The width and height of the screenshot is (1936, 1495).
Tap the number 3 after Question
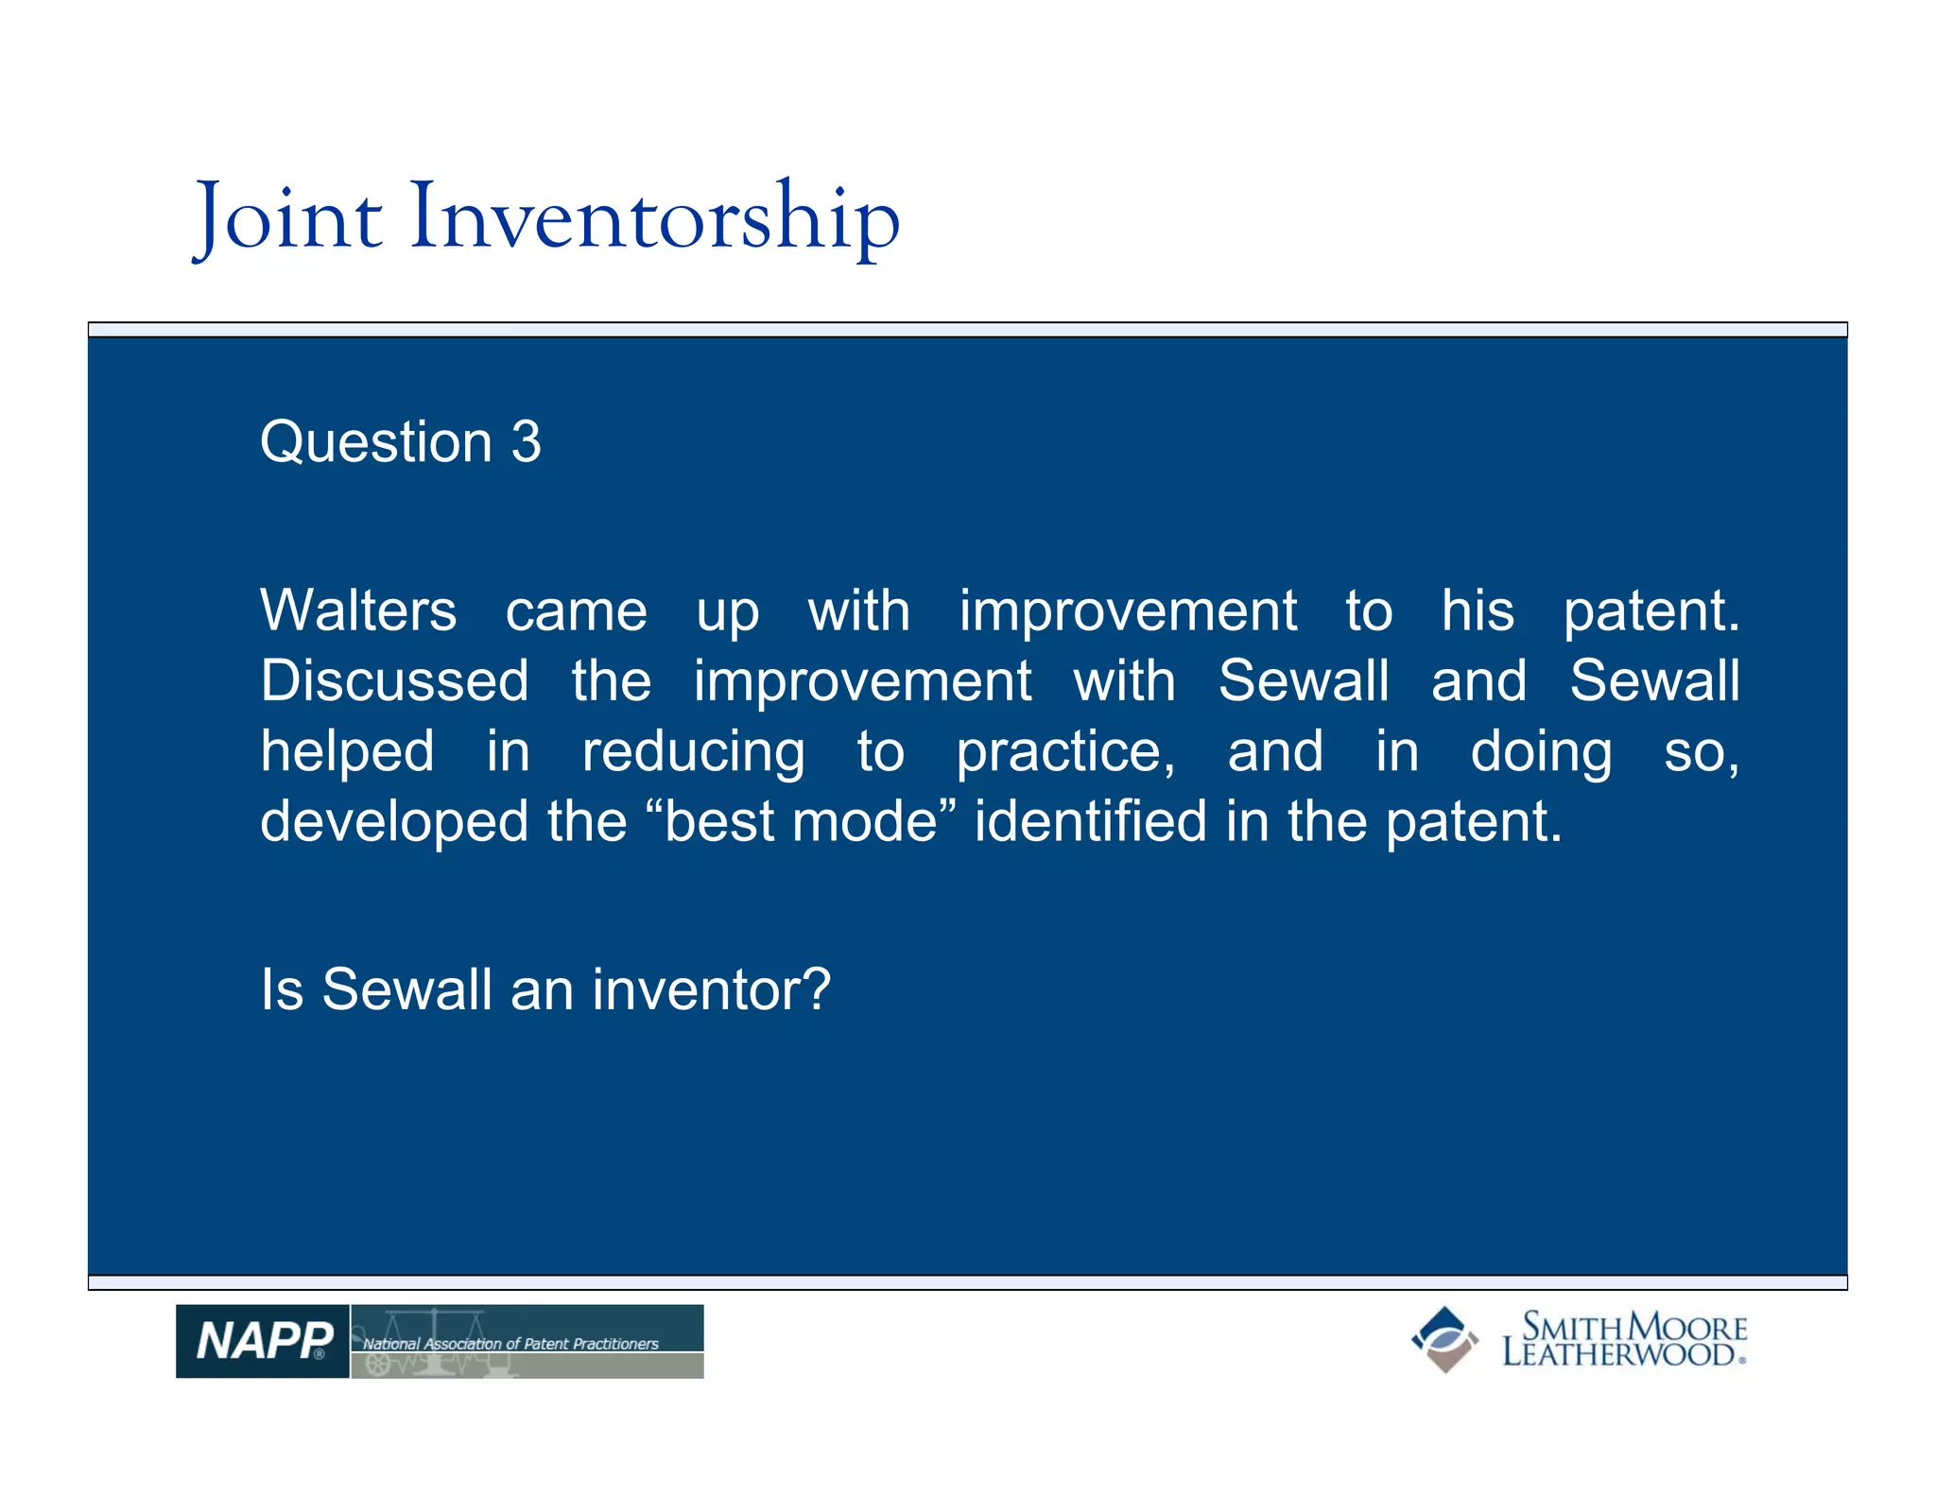tap(526, 442)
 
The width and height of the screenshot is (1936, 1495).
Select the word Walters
tap(358, 610)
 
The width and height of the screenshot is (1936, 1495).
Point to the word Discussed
tap(394, 681)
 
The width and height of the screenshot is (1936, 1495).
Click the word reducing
tap(693, 752)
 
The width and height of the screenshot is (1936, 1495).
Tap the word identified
tap(1090, 821)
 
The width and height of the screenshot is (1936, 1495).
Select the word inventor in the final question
tap(711, 989)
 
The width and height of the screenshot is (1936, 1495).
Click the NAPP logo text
tap(263, 1341)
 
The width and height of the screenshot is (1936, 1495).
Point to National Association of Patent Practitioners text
tap(510, 1343)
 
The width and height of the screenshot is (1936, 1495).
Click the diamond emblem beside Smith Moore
tap(1444, 1339)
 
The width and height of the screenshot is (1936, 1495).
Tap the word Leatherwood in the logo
tap(1618, 1354)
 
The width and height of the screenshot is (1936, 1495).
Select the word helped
tap(347, 752)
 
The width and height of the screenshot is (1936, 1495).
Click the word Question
tap(375, 442)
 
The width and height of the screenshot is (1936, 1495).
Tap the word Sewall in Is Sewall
tap(406, 989)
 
